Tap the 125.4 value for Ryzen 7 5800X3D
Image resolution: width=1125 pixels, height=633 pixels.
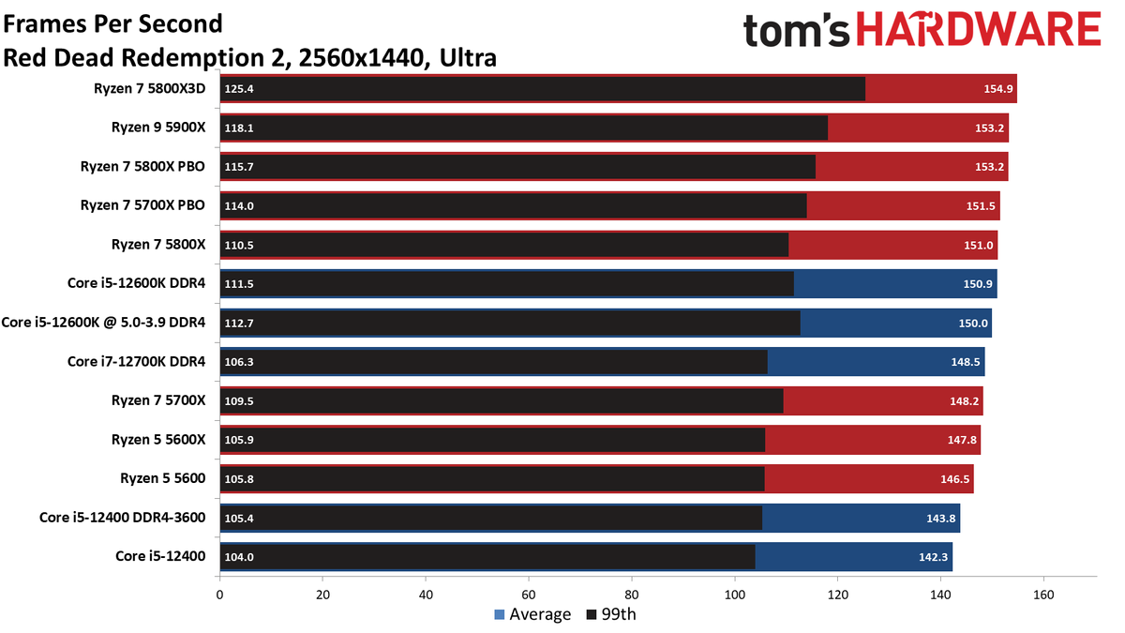pyautogui.click(x=239, y=89)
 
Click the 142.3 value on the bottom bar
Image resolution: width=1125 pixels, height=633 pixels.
pyautogui.click(x=931, y=556)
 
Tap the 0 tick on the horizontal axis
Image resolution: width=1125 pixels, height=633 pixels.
pyautogui.click(x=220, y=595)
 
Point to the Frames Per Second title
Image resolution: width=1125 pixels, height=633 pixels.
pyautogui.click(x=113, y=23)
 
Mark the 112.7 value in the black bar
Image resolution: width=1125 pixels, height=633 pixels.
pyautogui.click(x=239, y=323)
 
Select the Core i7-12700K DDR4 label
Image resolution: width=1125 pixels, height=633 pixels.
pyautogui.click(x=136, y=362)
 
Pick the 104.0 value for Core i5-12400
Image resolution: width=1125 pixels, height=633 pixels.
pyautogui.click(x=239, y=556)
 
